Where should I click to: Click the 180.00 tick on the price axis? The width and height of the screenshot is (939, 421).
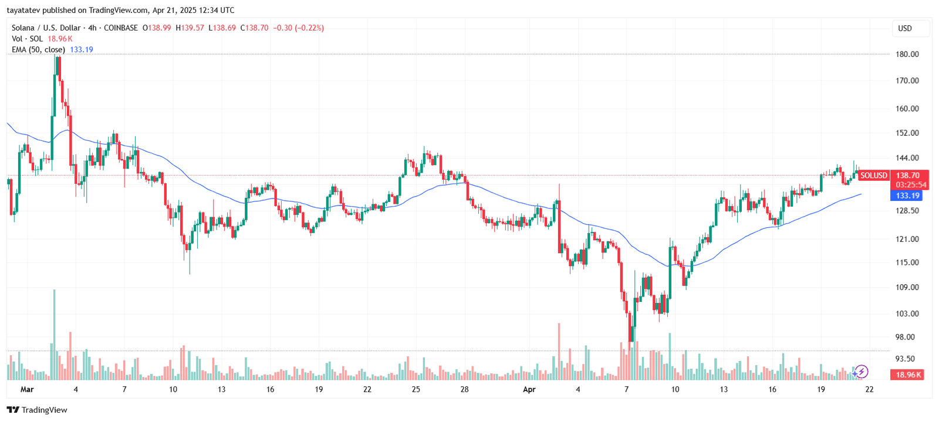(907, 54)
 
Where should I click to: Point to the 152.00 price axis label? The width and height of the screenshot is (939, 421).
(907, 133)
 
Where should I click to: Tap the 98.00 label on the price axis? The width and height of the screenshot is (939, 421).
(904, 337)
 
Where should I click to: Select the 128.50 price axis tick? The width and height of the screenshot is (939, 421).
(907, 211)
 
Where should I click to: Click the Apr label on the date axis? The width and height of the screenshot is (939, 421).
(529, 389)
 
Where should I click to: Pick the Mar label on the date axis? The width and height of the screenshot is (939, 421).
(27, 389)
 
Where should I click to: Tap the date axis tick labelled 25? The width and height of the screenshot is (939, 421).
(416, 389)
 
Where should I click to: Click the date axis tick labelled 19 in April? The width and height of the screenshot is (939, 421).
(820, 389)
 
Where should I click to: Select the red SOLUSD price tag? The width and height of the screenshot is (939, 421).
(874, 176)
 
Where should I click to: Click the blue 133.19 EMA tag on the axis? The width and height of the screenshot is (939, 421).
(907, 196)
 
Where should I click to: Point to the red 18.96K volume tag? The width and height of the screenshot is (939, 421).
(907, 375)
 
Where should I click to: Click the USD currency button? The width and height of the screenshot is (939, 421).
(905, 28)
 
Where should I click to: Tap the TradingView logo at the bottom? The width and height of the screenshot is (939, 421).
(37, 410)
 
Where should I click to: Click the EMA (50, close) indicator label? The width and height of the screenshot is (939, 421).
(38, 50)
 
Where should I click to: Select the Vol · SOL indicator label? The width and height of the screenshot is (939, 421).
(27, 39)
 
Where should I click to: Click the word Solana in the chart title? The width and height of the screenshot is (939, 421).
(23, 28)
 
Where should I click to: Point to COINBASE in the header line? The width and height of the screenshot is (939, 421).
(121, 28)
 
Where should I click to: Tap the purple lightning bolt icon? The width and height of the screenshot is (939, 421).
(861, 371)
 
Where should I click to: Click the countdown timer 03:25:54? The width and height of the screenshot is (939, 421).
(911, 185)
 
